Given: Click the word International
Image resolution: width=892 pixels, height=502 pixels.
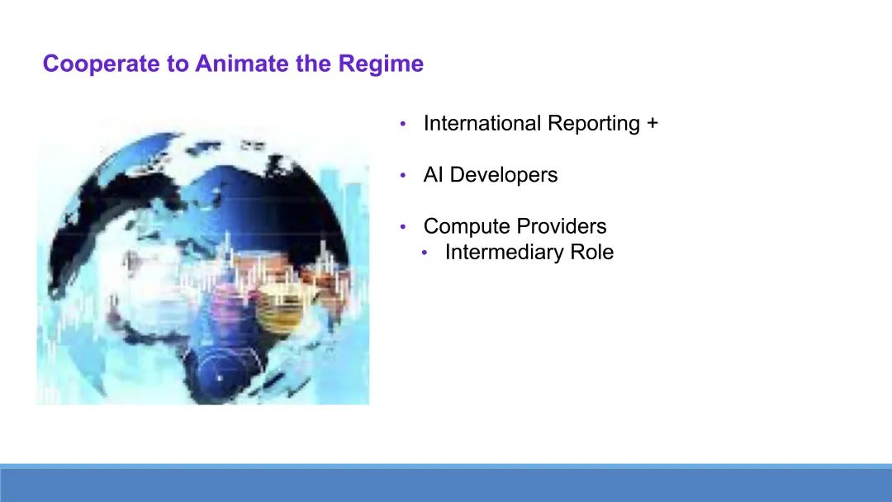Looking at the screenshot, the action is [x=482, y=123].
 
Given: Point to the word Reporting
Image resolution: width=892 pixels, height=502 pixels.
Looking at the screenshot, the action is [x=593, y=124].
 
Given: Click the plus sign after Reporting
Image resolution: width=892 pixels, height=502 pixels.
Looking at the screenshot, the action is [x=652, y=123].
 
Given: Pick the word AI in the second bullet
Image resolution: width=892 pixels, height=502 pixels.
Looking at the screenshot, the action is [x=433, y=174].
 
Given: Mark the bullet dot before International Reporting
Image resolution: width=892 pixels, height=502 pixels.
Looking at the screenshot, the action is [x=403, y=123].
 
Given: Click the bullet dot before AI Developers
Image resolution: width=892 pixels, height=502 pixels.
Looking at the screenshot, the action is [x=403, y=175].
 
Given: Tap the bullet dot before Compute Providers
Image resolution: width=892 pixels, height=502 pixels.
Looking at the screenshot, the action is [x=403, y=226].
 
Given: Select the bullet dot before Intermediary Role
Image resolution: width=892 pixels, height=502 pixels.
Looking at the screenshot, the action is [x=425, y=253].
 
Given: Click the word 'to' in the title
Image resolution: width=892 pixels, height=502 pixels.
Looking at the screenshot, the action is [x=178, y=64].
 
